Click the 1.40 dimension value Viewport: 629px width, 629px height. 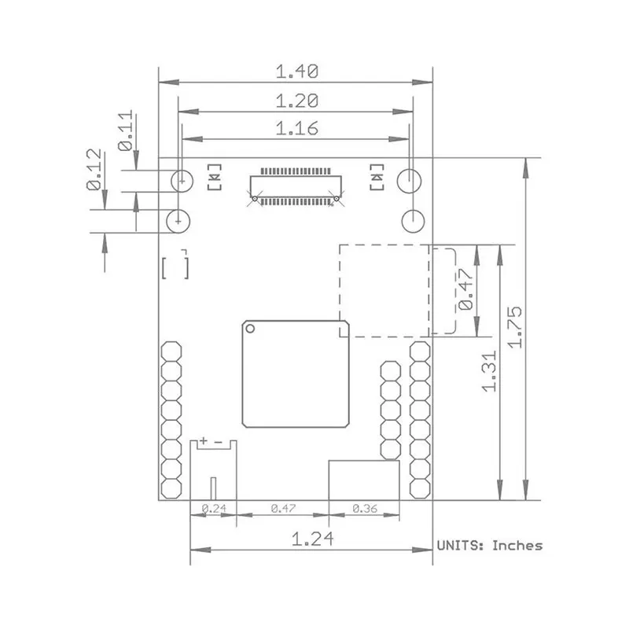coord(297,72)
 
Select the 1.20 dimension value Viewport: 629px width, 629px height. coord(297,101)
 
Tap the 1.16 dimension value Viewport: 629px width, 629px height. coord(297,128)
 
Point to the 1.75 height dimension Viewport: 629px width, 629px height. coord(515,327)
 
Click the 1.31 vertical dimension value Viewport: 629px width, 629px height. coord(490,371)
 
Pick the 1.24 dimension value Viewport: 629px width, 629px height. coord(312,539)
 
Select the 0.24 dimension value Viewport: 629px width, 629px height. coord(214,509)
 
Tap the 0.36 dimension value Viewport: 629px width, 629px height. coord(365,509)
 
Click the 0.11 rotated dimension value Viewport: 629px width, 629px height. coord(125,131)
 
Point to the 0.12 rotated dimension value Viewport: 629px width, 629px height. coord(94,169)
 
